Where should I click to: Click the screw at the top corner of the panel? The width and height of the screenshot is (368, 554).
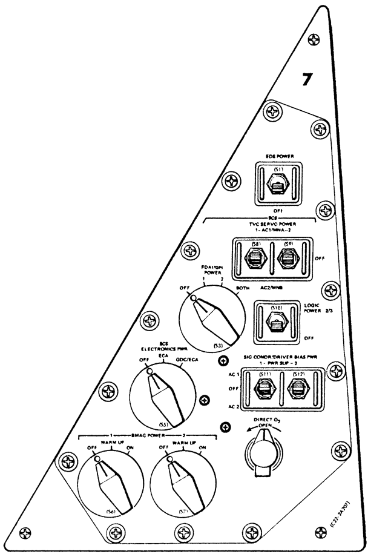pos(316,41)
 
